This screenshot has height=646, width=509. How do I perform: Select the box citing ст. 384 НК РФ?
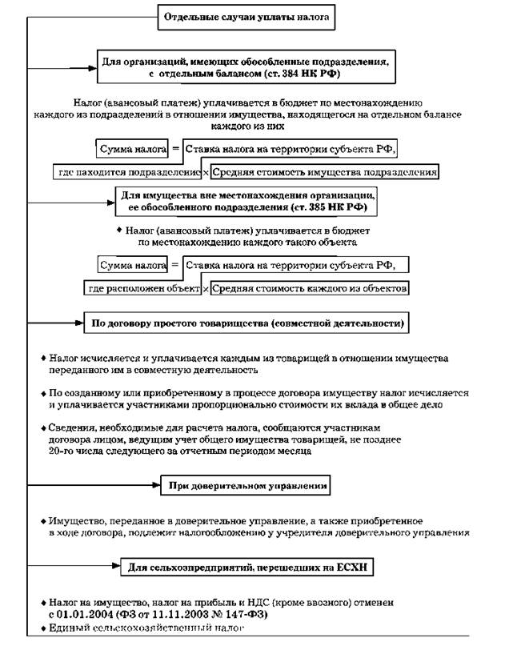(245, 65)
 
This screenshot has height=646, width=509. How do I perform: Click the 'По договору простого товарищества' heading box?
(246, 323)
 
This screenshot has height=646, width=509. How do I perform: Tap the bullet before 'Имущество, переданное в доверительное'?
(42, 520)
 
